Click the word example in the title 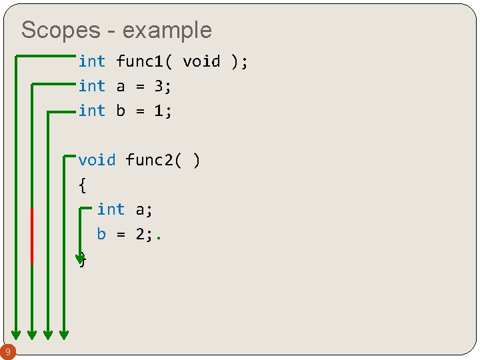[167, 31]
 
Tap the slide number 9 [7, 351]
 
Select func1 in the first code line [139, 62]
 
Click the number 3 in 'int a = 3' [159, 86]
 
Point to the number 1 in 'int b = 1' [159, 111]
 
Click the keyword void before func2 [97, 160]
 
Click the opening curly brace [82, 185]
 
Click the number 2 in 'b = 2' [159, 234]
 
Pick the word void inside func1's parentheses [201, 62]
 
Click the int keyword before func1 [91, 62]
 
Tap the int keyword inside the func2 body [111, 209]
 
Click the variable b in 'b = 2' [101, 234]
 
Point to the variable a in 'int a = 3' [121, 87]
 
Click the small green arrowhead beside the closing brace [81, 255]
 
